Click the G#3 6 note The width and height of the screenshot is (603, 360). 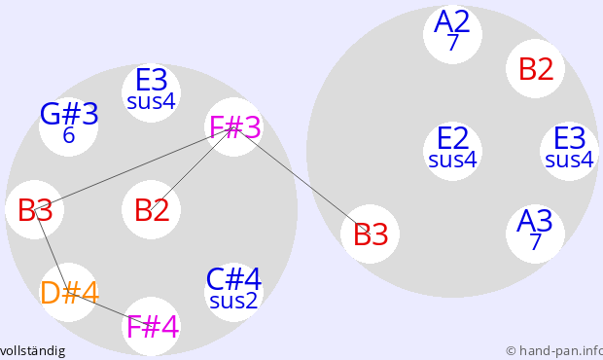(68, 126)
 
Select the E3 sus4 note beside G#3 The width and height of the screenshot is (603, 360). (151, 92)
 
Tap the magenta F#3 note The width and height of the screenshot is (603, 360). (233, 126)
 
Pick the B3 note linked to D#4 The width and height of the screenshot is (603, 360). (35, 209)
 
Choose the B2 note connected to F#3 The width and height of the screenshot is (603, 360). (151, 209)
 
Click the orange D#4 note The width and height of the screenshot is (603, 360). (68, 292)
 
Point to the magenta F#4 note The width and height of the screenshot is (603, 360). (151, 326)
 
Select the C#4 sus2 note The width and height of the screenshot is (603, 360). (233, 292)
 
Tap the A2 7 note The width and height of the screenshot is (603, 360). (452, 34)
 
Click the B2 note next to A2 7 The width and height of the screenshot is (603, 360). (535, 68)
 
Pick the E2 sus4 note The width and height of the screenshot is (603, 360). (452, 151)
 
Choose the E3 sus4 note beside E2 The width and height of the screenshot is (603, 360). (570, 151)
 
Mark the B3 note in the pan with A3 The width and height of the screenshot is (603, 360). (370, 234)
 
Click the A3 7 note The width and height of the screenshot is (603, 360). (535, 234)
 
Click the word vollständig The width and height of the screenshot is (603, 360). (32, 351)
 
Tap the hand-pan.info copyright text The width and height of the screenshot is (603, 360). (554, 351)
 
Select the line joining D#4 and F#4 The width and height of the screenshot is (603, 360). (110, 309)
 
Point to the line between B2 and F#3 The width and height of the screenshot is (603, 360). (193, 168)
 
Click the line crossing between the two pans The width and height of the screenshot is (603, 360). (301, 180)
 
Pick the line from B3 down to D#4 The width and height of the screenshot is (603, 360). (52, 251)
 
